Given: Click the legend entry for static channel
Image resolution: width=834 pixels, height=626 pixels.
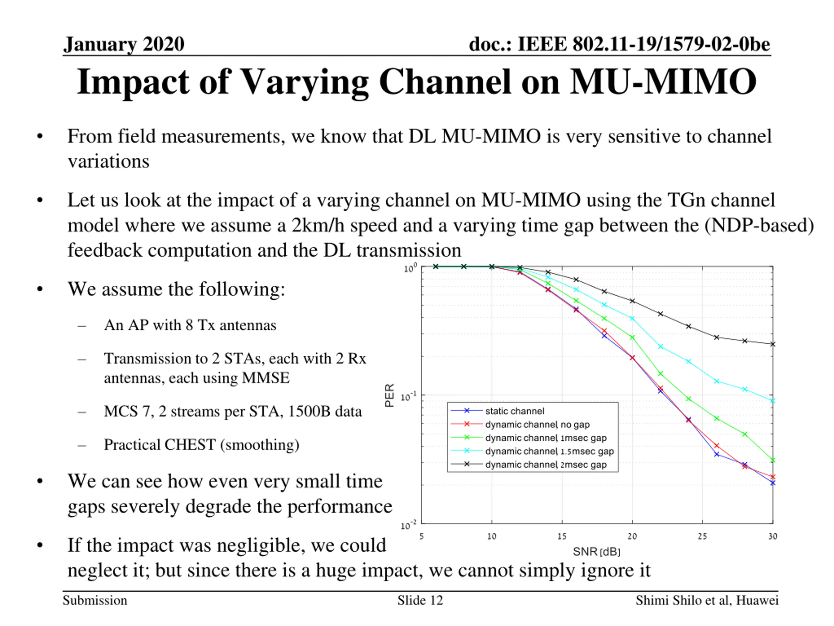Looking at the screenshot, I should coord(515,411).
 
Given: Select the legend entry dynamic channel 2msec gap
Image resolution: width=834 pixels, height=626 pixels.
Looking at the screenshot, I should coord(546,465).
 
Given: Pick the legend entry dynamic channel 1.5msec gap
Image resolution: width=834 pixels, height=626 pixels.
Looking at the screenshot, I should coord(549,451).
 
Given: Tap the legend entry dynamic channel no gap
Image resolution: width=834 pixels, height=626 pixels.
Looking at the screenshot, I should coord(537,425).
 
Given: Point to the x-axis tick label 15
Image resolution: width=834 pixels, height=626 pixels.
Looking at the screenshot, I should coord(562,536).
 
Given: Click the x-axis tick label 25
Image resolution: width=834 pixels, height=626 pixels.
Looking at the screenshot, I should coord(702,536).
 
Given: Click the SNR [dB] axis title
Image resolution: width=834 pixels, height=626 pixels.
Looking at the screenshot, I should coord(597,552).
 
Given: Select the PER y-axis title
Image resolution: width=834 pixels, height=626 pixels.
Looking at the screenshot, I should coord(390,395).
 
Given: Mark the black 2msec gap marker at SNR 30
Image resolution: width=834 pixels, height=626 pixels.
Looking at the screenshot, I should coord(772,344).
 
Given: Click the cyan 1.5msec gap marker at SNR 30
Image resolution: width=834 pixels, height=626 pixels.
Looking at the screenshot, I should coord(772,401).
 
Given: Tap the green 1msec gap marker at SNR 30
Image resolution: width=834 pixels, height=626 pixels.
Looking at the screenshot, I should coord(772,460).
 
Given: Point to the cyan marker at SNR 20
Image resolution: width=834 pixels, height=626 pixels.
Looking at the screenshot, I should coord(632,319).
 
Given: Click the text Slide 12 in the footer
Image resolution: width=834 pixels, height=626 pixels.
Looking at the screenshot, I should coord(420,600).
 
